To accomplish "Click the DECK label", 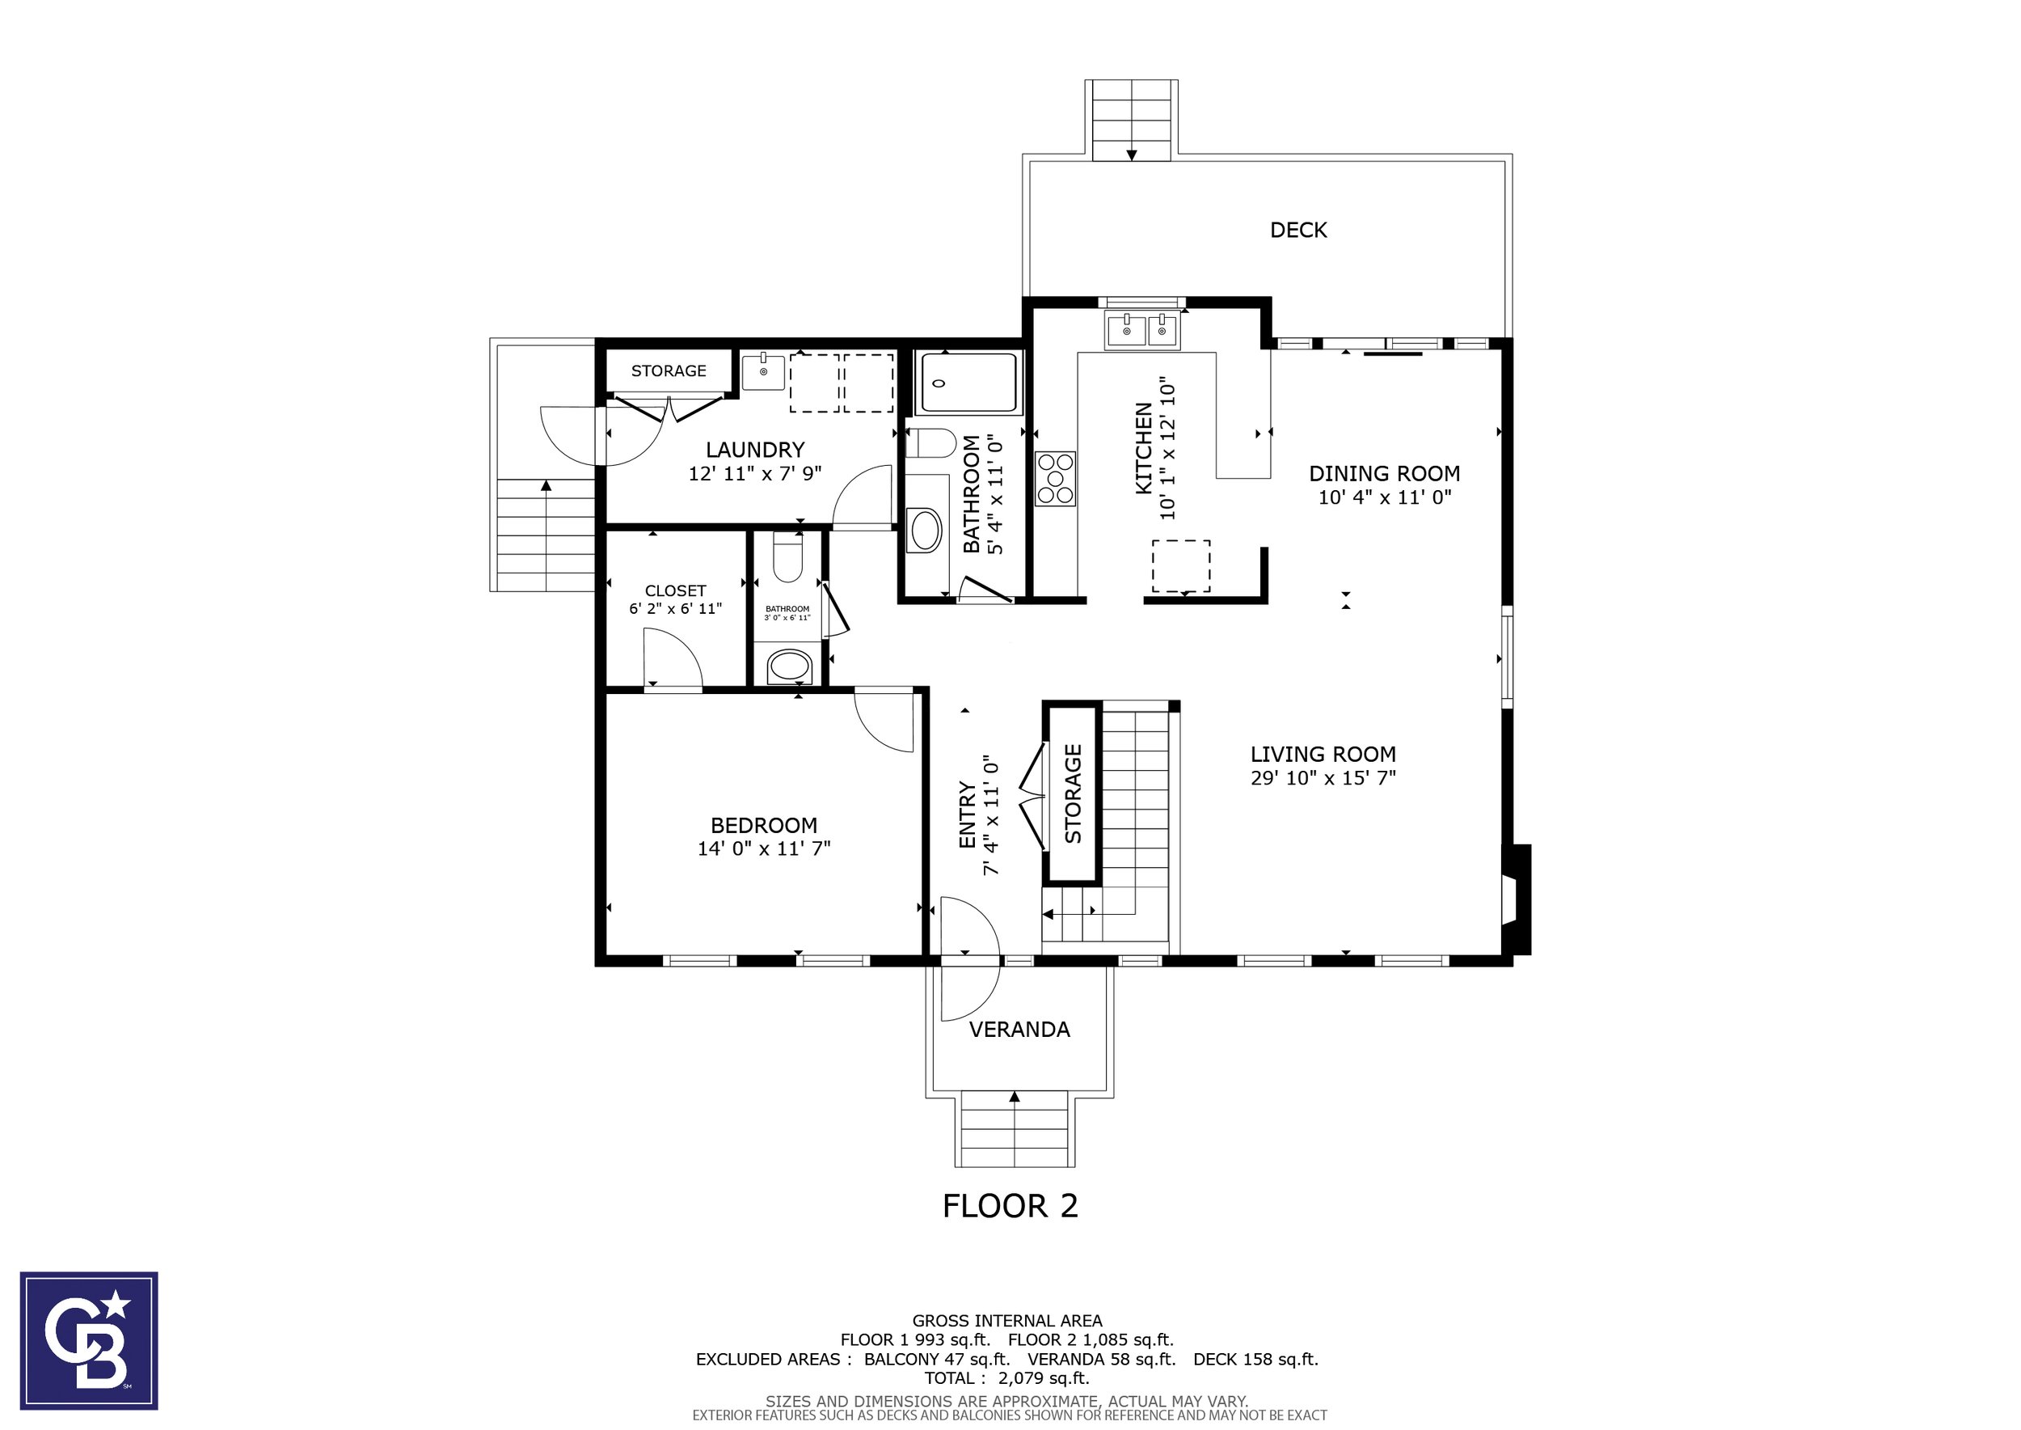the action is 1298,230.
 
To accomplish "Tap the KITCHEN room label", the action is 1143,448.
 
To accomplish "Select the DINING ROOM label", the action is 1385,474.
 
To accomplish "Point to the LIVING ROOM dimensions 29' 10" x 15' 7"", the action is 1323,777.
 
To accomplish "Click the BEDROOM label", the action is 764,825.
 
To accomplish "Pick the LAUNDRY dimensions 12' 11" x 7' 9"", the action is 755,474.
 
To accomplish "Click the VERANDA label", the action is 1019,1030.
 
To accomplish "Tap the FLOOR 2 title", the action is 1010,1206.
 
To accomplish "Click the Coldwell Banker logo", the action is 89,1341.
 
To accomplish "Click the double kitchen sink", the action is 1142,331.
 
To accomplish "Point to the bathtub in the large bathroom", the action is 968,383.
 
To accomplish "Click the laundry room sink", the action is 763,371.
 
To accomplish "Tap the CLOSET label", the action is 675,590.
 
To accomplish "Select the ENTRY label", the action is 968,815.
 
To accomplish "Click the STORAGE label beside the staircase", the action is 1073,793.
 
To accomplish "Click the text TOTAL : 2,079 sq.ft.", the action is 1007,1378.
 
